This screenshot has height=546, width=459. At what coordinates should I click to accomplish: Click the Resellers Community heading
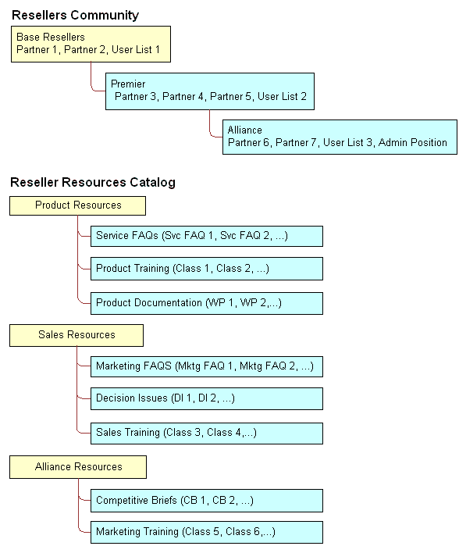(75, 15)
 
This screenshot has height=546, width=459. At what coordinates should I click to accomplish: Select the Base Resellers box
(90, 44)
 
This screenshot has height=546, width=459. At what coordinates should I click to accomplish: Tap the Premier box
(209, 91)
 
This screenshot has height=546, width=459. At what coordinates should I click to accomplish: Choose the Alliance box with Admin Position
(339, 137)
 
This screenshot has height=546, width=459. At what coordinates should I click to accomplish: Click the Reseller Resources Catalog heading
(92, 183)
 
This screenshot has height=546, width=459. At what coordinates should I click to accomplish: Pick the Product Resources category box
(77, 205)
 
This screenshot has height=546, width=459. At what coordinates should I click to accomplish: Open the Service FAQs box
(206, 236)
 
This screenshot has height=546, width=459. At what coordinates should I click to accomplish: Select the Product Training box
(206, 269)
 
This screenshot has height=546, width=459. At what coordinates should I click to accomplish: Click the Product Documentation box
(206, 303)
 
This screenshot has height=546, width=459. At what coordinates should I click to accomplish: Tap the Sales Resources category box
(76, 335)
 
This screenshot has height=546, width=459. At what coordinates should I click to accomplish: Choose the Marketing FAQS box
(206, 366)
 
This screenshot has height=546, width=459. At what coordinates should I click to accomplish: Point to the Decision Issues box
(206, 399)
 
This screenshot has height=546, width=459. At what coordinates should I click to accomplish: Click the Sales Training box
(206, 433)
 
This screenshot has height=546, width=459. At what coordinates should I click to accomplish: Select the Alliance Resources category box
(78, 467)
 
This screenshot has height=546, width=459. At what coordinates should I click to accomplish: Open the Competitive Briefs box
(206, 501)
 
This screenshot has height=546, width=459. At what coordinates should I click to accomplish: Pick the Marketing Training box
(206, 533)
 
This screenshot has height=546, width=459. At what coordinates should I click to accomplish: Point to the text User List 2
(282, 97)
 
